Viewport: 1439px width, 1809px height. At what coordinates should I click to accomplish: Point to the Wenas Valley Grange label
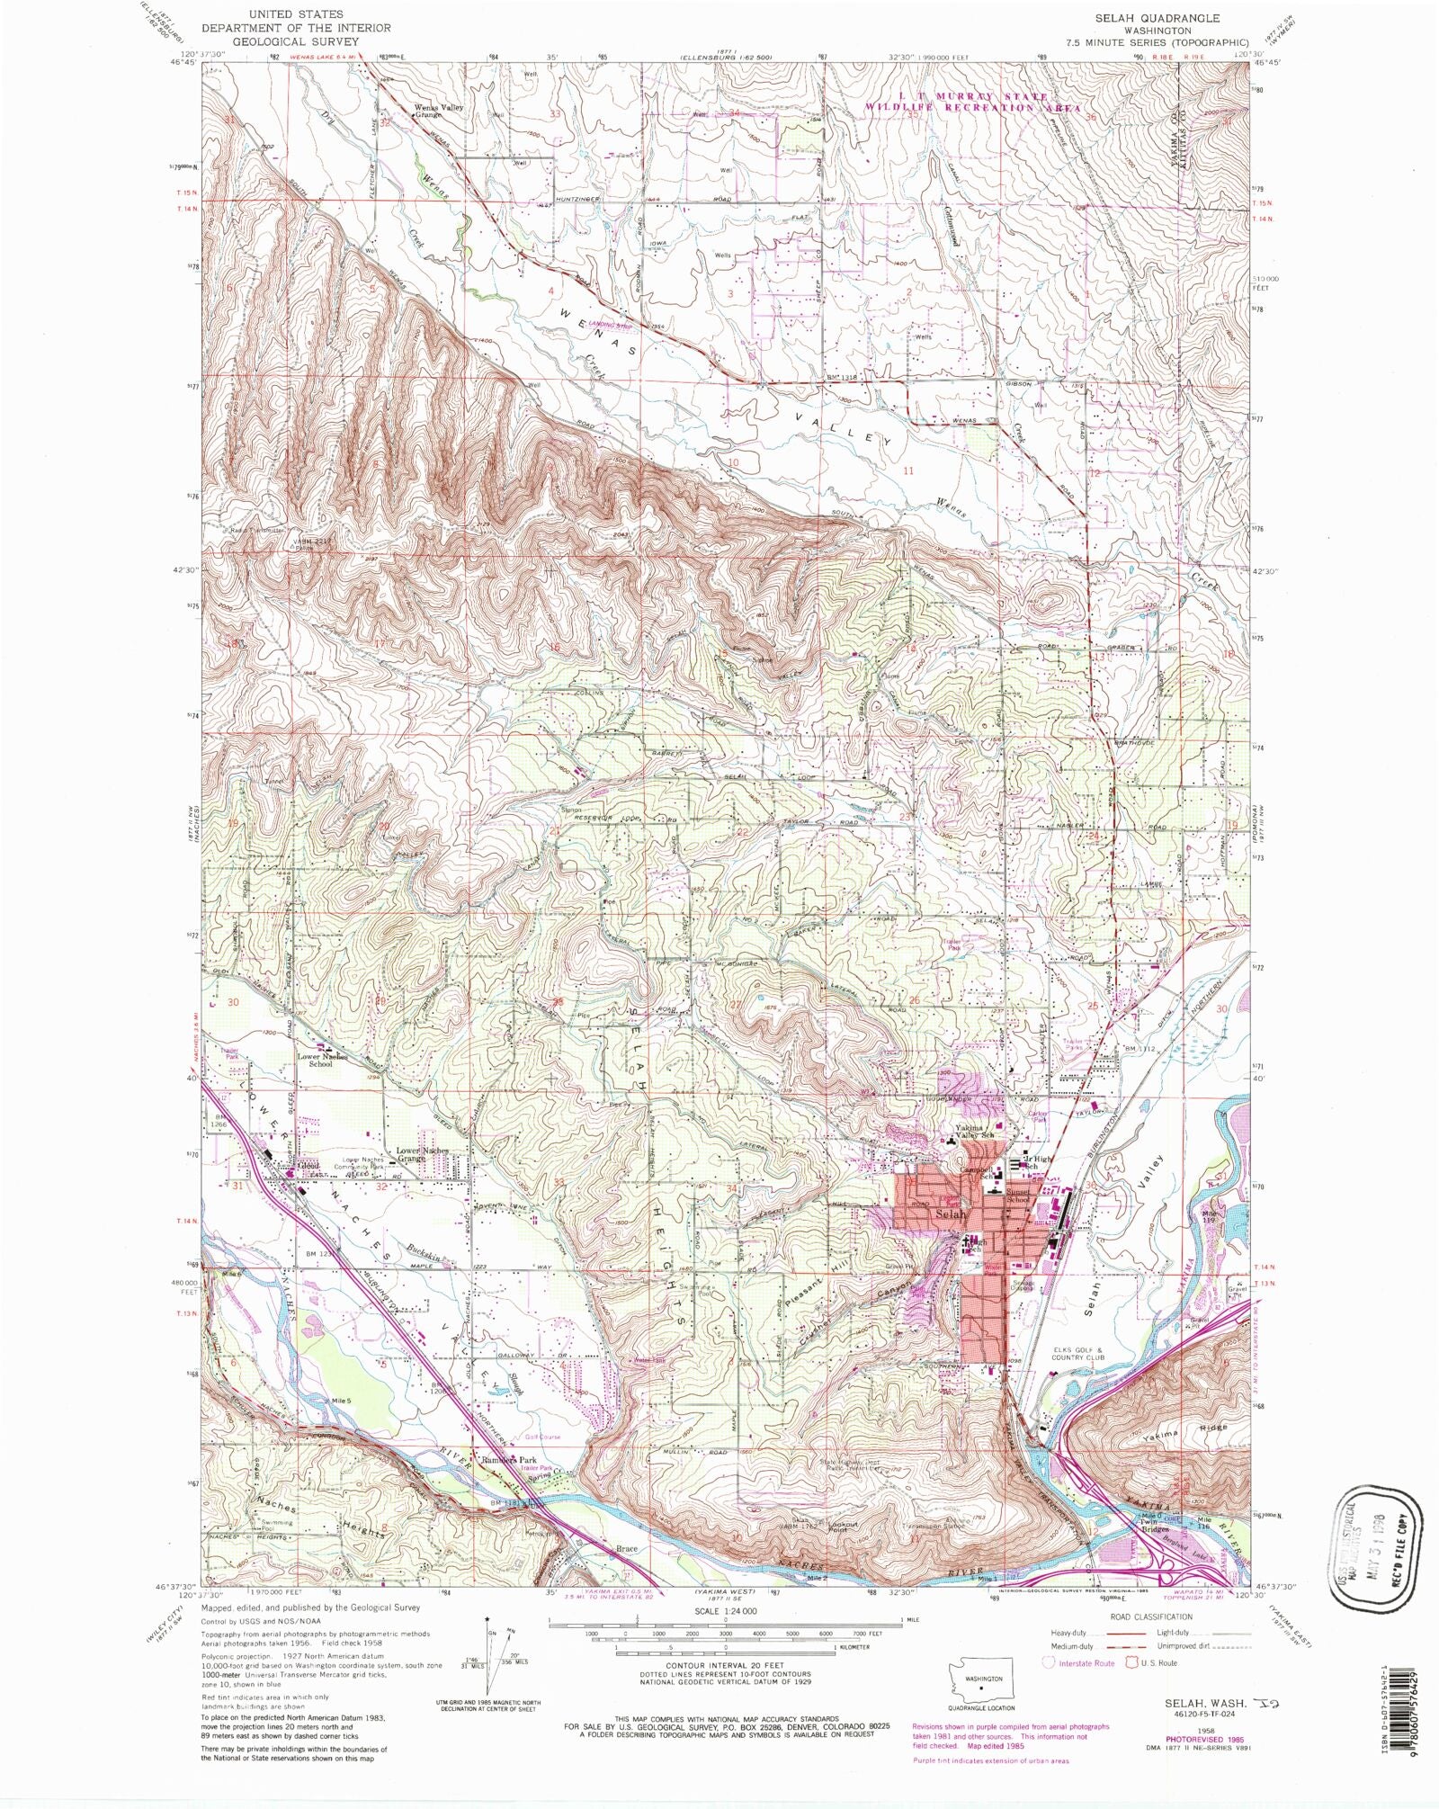pos(439,112)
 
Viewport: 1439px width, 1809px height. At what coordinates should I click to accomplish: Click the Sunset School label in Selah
pos(1017,1197)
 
